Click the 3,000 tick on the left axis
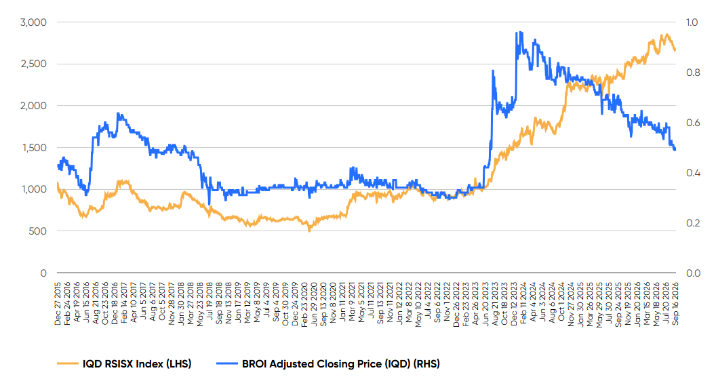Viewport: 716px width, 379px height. tap(33, 22)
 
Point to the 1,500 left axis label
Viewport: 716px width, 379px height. tap(34, 148)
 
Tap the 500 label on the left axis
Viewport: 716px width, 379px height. tap(37, 231)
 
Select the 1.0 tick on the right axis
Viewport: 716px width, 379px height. tap(692, 22)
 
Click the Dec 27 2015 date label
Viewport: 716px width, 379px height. tap(58, 304)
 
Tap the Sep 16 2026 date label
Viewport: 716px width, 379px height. tap(675, 304)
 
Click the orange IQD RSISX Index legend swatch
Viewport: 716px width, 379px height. tap(68, 364)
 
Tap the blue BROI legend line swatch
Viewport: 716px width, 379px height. tap(227, 364)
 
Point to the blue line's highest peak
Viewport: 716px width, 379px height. tap(516, 32)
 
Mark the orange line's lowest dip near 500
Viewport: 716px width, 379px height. tap(310, 231)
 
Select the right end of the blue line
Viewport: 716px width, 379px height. tap(675, 150)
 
